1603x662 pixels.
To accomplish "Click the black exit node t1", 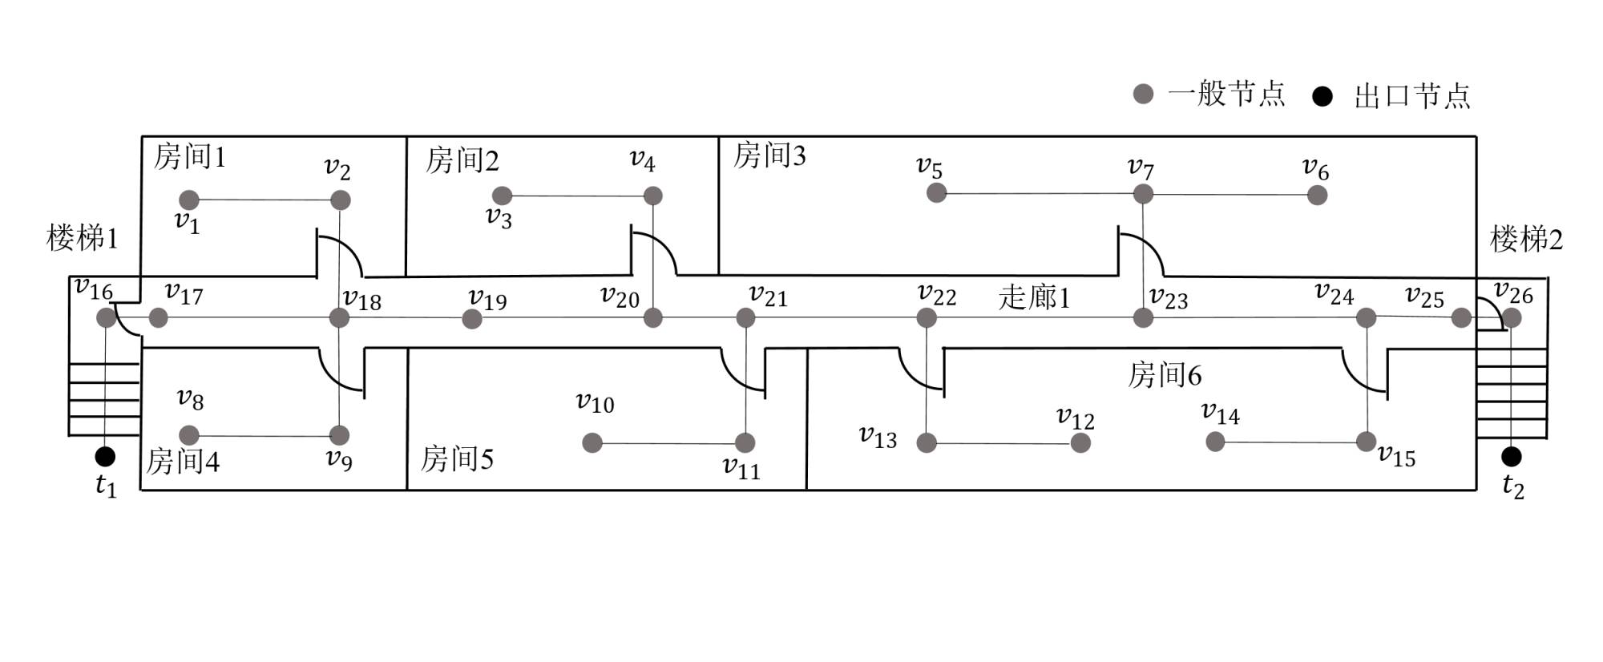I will pos(105,457).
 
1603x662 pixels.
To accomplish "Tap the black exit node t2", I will pos(1511,457).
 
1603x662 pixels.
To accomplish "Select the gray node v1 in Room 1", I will pos(188,200).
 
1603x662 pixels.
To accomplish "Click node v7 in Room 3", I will pos(1143,193).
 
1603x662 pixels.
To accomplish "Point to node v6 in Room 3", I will pos(1317,195).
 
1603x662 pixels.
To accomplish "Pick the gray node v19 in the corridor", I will pos(472,319).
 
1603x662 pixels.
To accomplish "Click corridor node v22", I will pos(927,318).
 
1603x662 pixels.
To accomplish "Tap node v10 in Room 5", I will pos(592,442).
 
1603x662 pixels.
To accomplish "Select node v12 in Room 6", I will pos(1080,442).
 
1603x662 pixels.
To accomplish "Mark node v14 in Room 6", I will pos(1215,441).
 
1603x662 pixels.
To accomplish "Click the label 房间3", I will pos(769,155).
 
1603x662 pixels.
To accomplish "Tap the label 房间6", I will pos(1165,375).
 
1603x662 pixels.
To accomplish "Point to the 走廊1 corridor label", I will pos(1034,297).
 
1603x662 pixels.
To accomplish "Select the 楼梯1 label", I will pos(83,238).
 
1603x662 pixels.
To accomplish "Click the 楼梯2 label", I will pos(1526,239).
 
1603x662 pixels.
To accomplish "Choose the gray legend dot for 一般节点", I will pos(1143,94).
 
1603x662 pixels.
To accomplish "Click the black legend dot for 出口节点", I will pos(1322,96).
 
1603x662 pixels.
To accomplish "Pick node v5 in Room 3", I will pos(936,192).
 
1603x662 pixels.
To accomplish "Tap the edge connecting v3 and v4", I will pos(577,196).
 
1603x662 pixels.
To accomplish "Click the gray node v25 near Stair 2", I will pos(1461,318).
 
